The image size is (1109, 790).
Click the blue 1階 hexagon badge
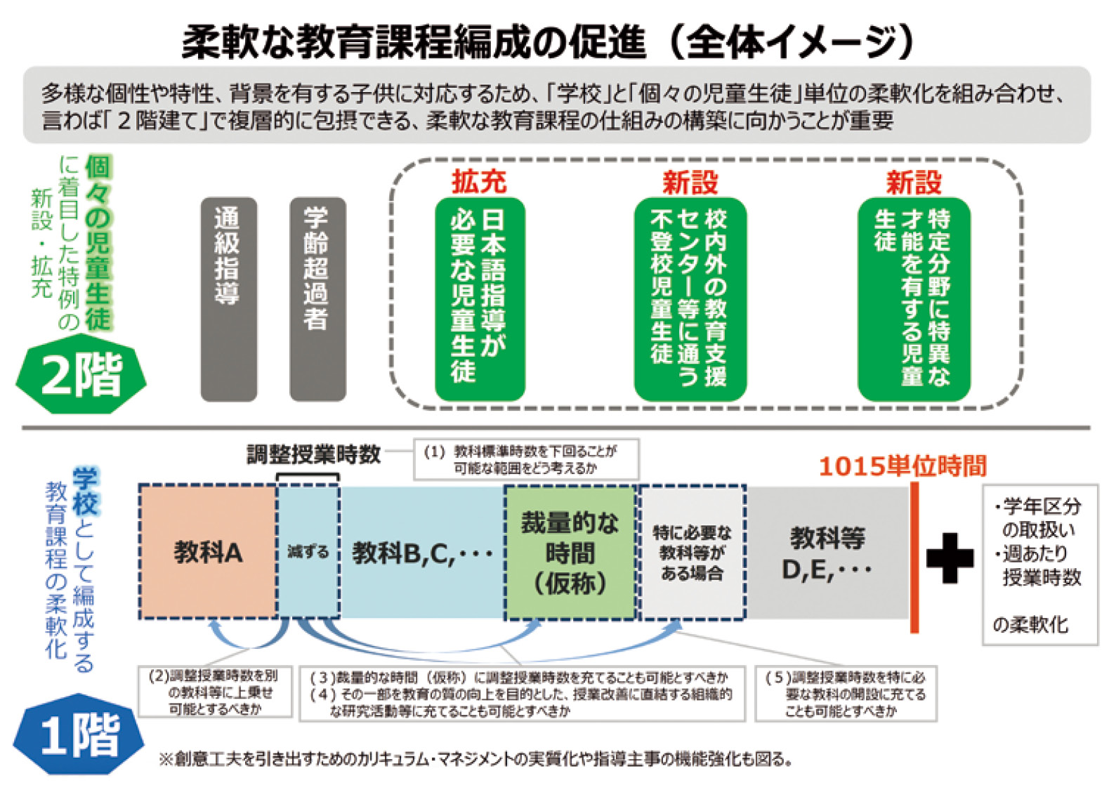click(79, 735)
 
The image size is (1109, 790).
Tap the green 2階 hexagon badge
click(81, 374)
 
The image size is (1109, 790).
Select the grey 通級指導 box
click(228, 299)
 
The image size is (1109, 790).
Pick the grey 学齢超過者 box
click(317, 299)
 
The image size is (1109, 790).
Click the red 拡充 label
click(479, 182)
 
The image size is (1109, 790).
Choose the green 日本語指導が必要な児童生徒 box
click(480, 299)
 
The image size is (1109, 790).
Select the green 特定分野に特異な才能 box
click(913, 299)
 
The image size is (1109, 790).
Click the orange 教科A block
click(208, 553)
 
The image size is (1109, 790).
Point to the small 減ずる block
click(308, 553)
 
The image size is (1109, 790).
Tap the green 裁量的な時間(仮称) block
click(570, 553)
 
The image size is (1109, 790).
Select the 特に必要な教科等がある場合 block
click(692, 553)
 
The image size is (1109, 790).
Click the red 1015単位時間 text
click(903, 466)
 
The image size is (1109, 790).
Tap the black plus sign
click(950, 558)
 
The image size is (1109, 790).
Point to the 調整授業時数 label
click(313, 454)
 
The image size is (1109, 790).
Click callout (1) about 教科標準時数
click(525, 460)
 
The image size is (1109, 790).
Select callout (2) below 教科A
click(215, 692)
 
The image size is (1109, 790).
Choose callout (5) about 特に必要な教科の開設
click(846, 694)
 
